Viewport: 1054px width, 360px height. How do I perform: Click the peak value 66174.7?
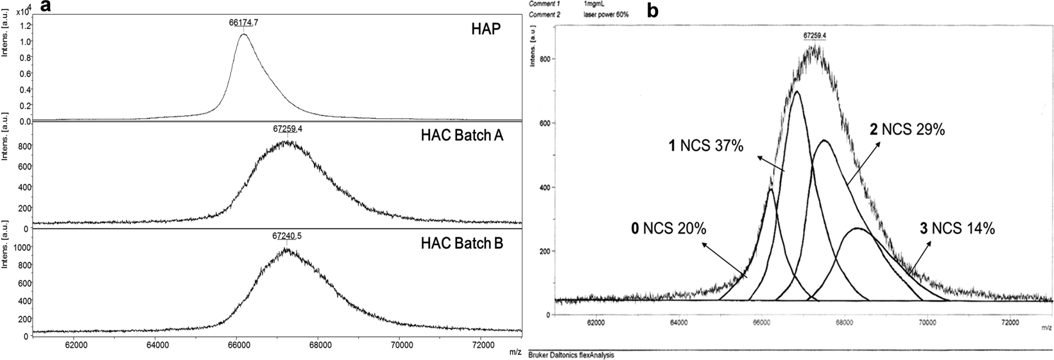(x=243, y=22)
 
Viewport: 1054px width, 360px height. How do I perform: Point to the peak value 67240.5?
(x=287, y=236)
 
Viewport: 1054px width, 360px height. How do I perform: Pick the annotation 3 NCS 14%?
(x=962, y=227)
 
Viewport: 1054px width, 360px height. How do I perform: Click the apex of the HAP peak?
(x=243, y=34)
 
